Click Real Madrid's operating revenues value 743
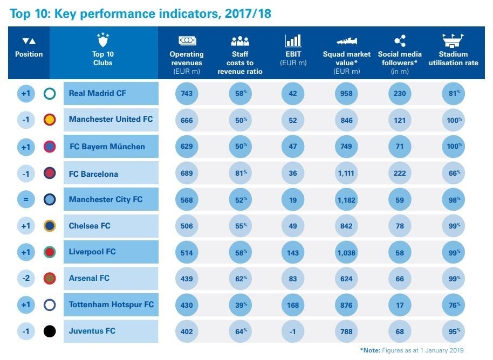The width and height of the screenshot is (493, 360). tap(187, 94)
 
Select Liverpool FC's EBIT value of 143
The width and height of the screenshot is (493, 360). tap(293, 252)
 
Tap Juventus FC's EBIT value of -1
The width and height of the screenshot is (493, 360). tap(293, 331)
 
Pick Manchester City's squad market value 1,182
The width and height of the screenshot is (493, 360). tap(346, 199)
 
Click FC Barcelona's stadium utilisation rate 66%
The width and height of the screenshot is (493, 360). tap(452, 174)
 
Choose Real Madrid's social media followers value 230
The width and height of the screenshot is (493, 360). tap(400, 94)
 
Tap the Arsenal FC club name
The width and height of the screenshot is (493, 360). tap(89, 278)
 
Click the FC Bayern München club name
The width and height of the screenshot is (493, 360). tap(107, 147)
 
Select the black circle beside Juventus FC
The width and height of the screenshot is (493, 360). tap(50, 331)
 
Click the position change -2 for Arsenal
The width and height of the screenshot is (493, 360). tap(26, 279)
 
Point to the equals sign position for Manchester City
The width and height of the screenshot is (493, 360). tap(26, 199)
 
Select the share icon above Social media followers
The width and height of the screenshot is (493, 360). tap(400, 41)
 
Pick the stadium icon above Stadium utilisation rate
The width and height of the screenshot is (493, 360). tap(453, 40)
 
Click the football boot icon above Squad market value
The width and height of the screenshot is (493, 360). tap(346, 41)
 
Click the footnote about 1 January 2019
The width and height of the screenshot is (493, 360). tap(412, 350)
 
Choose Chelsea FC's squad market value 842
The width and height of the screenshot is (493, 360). tap(346, 226)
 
